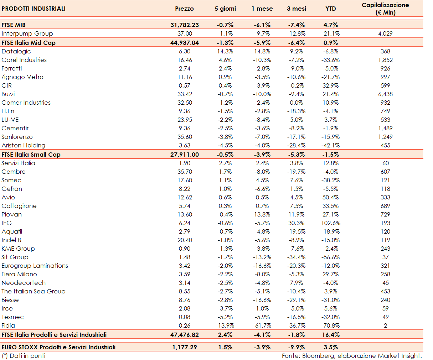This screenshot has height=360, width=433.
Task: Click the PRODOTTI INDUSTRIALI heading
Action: pyautogui.click(x=33, y=9)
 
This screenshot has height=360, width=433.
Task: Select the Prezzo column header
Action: pyautogui.click(x=184, y=9)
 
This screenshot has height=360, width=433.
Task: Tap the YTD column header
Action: pyautogui.click(x=330, y=9)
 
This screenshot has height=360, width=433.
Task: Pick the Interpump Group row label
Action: pyautogui.click(x=27, y=33)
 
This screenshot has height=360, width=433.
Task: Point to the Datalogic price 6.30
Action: pyautogui.click(x=185, y=51)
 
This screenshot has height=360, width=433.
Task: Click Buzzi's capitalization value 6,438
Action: pyautogui.click(x=385, y=94)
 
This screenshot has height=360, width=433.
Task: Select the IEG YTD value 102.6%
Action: pyautogui.click(x=330, y=223)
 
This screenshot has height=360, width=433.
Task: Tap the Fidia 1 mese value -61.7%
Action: pyautogui.click(x=262, y=325)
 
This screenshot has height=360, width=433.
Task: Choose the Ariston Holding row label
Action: pyautogui.click(x=23, y=145)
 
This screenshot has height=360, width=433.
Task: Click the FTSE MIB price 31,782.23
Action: pyautogui.click(x=185, y=25)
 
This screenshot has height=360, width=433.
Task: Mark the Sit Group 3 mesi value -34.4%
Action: pyautogui.click(x=296, y=257)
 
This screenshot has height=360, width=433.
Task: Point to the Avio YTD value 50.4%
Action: pyautogui.click(x=330, y=197)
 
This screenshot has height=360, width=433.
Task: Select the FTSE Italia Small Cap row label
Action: pyautogui.click(x=31, y=155)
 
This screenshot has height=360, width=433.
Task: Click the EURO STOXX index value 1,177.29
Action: pyautogui.click(x=185, y=347)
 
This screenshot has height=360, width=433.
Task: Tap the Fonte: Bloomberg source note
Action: pyautogui.click(x=352, y=355)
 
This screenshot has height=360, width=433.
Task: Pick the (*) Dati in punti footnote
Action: pyautogui.click(x=24, y=355)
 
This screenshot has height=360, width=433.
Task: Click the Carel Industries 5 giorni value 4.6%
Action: pyautogui.click(x=225, y=60)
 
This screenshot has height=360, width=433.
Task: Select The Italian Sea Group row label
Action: pyautogui.click(x=33, y=291)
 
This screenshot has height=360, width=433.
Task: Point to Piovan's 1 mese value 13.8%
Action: pyautogui.click(x=262, y=214)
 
